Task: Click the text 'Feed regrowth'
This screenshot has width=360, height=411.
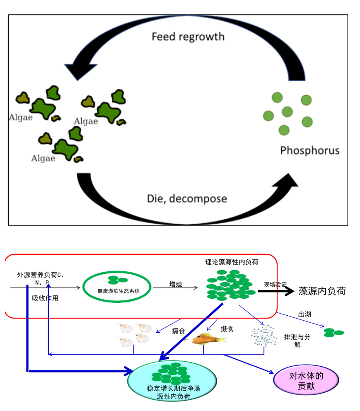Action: coord(188,36)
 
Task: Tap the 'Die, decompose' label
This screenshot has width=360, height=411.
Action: coord(187,198)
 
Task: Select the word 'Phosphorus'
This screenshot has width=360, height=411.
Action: coord(309,150)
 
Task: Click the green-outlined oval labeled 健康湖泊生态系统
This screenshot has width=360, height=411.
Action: coord(118,286)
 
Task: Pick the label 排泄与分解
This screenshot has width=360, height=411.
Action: coord(297,341)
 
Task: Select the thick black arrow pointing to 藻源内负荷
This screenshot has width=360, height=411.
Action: coord(275,291)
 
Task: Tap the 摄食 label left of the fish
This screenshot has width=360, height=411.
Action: coord(179,331)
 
